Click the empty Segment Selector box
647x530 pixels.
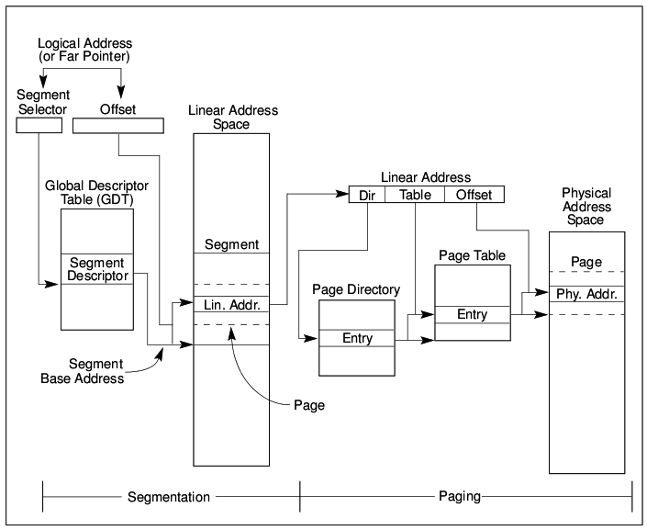point(39,125)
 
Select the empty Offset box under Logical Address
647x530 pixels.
point(118,126)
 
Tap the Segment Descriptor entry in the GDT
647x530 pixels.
point(97,269)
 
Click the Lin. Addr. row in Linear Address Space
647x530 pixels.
point(231,304)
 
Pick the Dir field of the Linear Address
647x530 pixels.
point(367,195)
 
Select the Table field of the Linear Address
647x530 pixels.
point(415,195)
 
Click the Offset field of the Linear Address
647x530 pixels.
point(474,195)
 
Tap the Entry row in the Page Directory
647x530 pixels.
point(357,338)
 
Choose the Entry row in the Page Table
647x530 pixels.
point(473,315)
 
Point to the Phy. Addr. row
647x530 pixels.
point(586,294)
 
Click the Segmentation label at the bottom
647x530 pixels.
point(169,497)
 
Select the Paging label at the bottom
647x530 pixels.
point(460,496)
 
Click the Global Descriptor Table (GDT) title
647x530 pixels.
point(97,193)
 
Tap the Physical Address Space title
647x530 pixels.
point(586,206)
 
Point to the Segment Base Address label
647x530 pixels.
point(82,371)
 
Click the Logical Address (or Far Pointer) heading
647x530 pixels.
point(84,50)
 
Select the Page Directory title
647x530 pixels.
point(356,289)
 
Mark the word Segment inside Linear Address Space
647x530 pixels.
point(231,244)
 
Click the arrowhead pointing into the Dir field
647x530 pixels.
point(343,194)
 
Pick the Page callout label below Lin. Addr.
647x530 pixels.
point(309,405)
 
